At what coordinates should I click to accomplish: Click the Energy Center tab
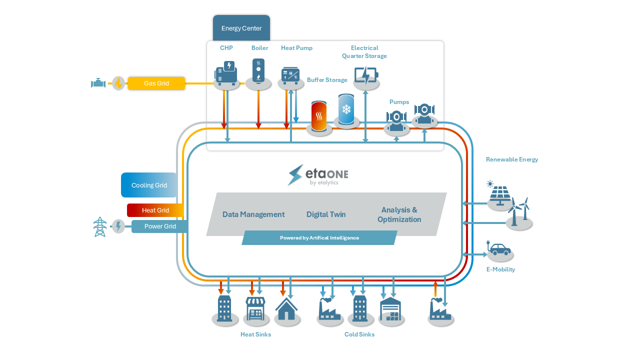pyautogui.click(x=241, y=28)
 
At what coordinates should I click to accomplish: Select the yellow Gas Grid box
pyautogui.click(x=156, y=83)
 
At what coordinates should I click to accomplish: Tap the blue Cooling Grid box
pyautogui.click(x=149, y=185)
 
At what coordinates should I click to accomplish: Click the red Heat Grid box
pyautogui.click(x=155, y=210)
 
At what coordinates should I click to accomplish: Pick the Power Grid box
pyautogui.click(x=160, y=226)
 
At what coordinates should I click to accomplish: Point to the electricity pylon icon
pyautogui.click(x=100, y=227)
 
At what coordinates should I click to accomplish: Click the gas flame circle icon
pyautogui.click(x=118, y=83)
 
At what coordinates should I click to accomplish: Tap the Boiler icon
pyautogui.click(x=258, y=70)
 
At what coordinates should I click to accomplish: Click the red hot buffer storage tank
pyautogui.click(x=319, y=116)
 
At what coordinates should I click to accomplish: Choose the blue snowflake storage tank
pyautogui.click(x=346, y=109)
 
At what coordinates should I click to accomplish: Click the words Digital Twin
pyautogui.click(x=326, y=214)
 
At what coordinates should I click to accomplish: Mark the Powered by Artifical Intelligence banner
pyautogui.click(x=319, y=238)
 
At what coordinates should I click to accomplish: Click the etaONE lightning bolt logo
pyautogui.click(x=296, y=175)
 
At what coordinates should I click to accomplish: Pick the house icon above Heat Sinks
pyautogui.click(x=286, y=308)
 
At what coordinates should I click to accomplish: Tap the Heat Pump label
pyautogui.click(x=296, y=48)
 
